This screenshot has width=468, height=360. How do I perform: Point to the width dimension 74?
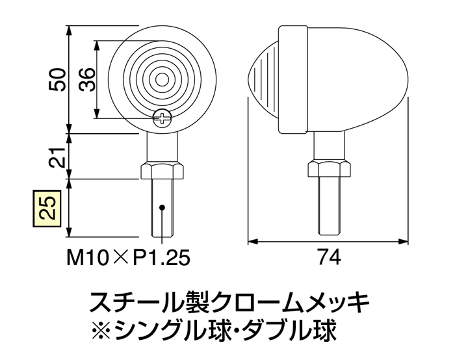(x=330, y=258)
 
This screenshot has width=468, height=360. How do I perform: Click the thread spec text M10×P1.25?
(x=128, y=258)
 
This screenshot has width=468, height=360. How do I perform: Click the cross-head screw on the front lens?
(x=162, y=118)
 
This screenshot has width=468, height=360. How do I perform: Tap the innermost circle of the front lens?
(x=161, y=79)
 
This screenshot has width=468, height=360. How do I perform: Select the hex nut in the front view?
(x=162, y=171)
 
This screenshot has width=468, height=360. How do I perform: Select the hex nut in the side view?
(x=329, y=170)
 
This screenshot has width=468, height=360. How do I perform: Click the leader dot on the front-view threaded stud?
(x=162, y=207)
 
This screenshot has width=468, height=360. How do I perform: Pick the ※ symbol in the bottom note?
(x=103, y=332)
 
